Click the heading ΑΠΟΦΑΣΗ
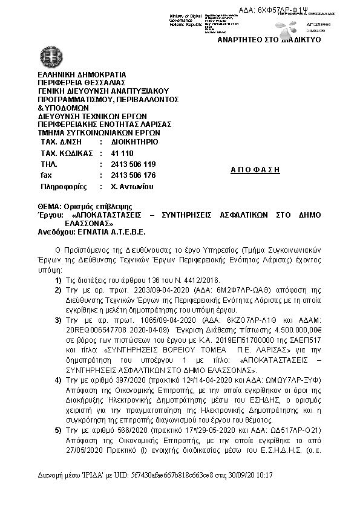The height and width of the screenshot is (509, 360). pyautogui.click(x=256, y=170)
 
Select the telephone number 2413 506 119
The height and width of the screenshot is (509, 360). pyautogui.click(x=134, y=164)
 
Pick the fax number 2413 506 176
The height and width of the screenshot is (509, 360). pyautogui.click(x=134, y=175)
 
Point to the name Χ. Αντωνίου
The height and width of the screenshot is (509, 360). pyautogui.click(x=133, y=187)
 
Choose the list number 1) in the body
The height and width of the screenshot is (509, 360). pyautogui.click(x=59, y=280)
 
